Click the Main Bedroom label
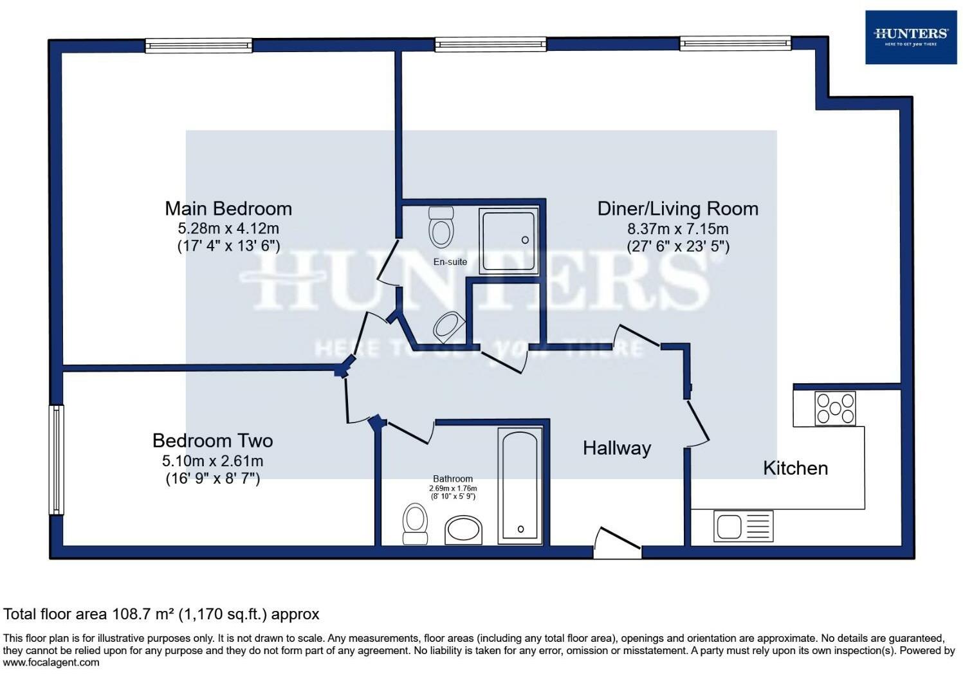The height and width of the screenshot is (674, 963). tap(228, 208)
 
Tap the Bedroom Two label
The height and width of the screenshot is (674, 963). tap(212, 441)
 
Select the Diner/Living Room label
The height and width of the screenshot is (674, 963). tap(677, 208)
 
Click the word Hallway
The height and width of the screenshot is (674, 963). tap(616, 448)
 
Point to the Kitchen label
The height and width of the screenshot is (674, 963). tap(795, 468)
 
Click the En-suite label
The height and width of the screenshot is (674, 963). tap(450, 262)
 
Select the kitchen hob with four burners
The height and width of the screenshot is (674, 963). tap(835, 408)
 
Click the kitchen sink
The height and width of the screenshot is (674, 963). tap(743, 526)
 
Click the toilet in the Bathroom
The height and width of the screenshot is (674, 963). tap(415, 524)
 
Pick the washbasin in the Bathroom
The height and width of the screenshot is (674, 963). tap(463, 530)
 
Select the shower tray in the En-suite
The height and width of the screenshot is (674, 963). tap(508, 241)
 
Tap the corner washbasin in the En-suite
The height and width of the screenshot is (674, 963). tap(448, 327)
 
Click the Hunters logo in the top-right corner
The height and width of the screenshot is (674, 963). tap(911, 37)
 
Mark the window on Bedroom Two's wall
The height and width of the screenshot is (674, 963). tap(57, 459)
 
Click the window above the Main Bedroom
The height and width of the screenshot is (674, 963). tap(198, 45)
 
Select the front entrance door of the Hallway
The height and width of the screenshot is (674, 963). tap(618, 543)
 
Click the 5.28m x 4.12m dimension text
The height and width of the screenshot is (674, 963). tap(228, 228)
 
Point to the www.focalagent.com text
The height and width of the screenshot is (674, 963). tap(51, 662)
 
